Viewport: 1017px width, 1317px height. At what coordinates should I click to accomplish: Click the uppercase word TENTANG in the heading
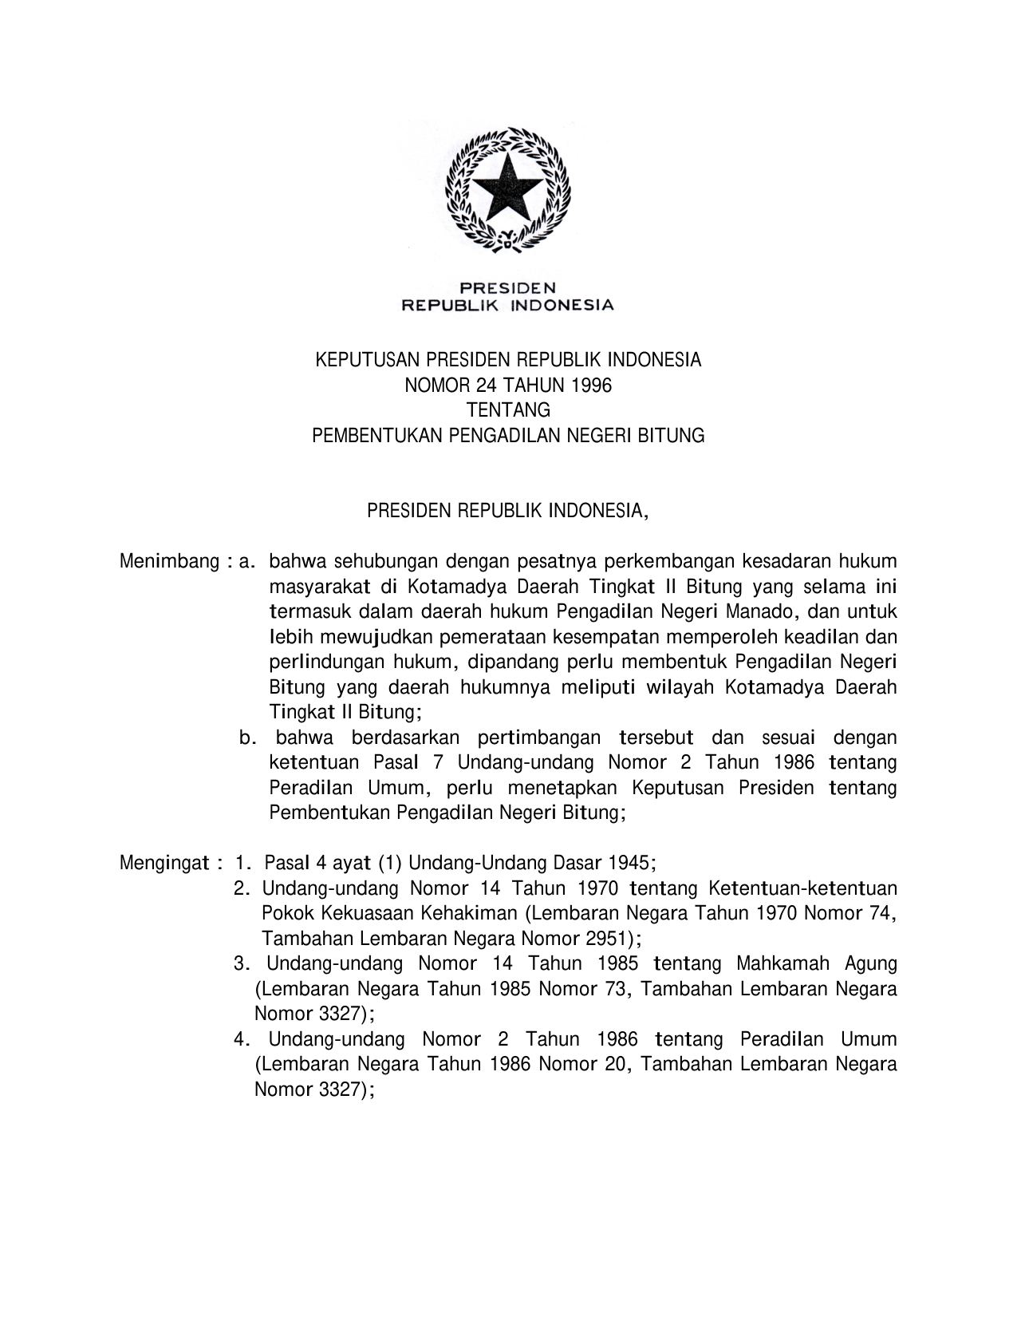coord(508,410)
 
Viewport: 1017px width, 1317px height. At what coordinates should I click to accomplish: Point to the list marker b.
coord(247,738)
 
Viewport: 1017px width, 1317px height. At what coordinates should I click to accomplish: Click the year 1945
coord(630,864)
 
